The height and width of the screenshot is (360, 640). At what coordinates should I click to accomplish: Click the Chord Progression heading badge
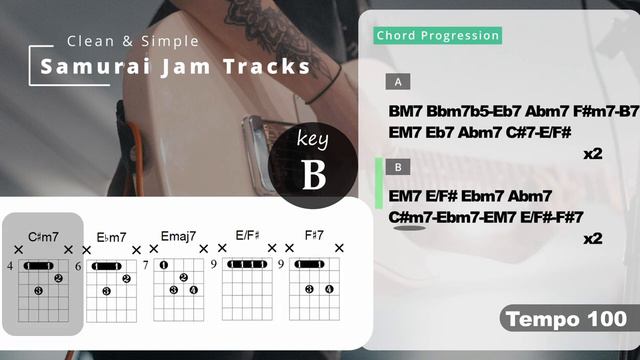coord(437,36)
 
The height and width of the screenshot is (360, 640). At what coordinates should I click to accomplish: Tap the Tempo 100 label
coord(566,320)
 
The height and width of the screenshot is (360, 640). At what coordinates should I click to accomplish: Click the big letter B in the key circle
coord(314,176)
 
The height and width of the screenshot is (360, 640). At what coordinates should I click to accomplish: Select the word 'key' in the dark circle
coord(313,141)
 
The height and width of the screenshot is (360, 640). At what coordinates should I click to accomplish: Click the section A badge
coord(398,82)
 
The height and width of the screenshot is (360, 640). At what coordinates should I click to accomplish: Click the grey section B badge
coord(398,167)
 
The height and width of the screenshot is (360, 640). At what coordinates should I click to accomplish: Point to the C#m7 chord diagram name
coord(43,237)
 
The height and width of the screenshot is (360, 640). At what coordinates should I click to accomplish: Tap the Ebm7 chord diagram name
coord(111,237)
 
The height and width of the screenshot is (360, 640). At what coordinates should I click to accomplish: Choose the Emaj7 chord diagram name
coord(179,237)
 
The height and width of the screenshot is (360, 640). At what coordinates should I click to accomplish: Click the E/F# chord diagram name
coord(247,236)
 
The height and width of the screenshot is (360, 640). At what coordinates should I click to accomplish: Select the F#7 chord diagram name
coord(314,236)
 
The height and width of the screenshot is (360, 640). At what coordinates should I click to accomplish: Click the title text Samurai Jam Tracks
coord(175,67)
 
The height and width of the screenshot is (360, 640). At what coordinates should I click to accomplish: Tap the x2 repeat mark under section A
coord(592,154)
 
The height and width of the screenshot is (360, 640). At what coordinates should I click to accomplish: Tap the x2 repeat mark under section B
coord(592,238)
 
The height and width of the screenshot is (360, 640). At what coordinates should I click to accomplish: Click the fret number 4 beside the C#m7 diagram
coord(9,266)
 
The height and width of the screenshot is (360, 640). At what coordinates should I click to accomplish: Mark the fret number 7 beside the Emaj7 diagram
coord(146,266)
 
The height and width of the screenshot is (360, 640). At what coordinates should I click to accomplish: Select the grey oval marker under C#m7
coord(409,228)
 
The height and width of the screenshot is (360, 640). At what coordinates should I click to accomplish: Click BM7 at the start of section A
coord(405,110)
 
